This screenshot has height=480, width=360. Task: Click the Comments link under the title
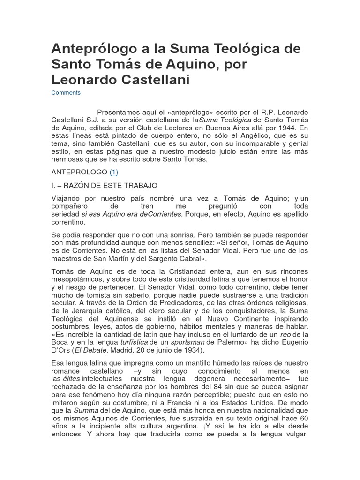coord(66,93)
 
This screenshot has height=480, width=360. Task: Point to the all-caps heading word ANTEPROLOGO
coord(79,172)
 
